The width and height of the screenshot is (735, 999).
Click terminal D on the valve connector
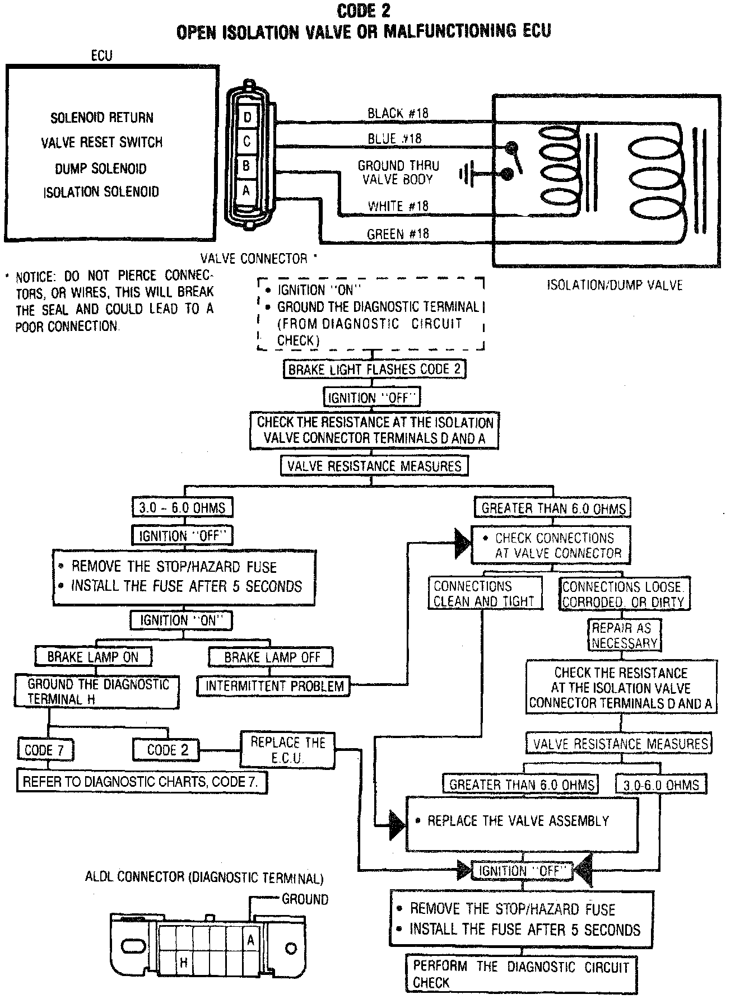247,118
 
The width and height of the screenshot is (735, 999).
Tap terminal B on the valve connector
246,165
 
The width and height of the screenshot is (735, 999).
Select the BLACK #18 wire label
398,113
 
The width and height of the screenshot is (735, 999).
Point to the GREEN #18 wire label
398,234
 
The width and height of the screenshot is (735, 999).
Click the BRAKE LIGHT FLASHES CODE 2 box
374,370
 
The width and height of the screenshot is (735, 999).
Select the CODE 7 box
45,750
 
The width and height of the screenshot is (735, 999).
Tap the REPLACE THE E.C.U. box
287,750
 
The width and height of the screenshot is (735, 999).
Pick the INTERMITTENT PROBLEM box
274,686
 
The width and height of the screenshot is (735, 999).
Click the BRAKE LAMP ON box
93,657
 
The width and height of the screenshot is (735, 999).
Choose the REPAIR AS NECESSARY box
624,636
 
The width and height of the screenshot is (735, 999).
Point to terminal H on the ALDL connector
184,963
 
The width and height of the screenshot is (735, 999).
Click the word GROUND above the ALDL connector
305,899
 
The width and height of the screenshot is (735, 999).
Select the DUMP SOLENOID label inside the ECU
101,169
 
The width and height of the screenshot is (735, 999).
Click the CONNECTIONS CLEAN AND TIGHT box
485,594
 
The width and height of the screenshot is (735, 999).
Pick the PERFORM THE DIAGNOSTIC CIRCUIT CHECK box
522,974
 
